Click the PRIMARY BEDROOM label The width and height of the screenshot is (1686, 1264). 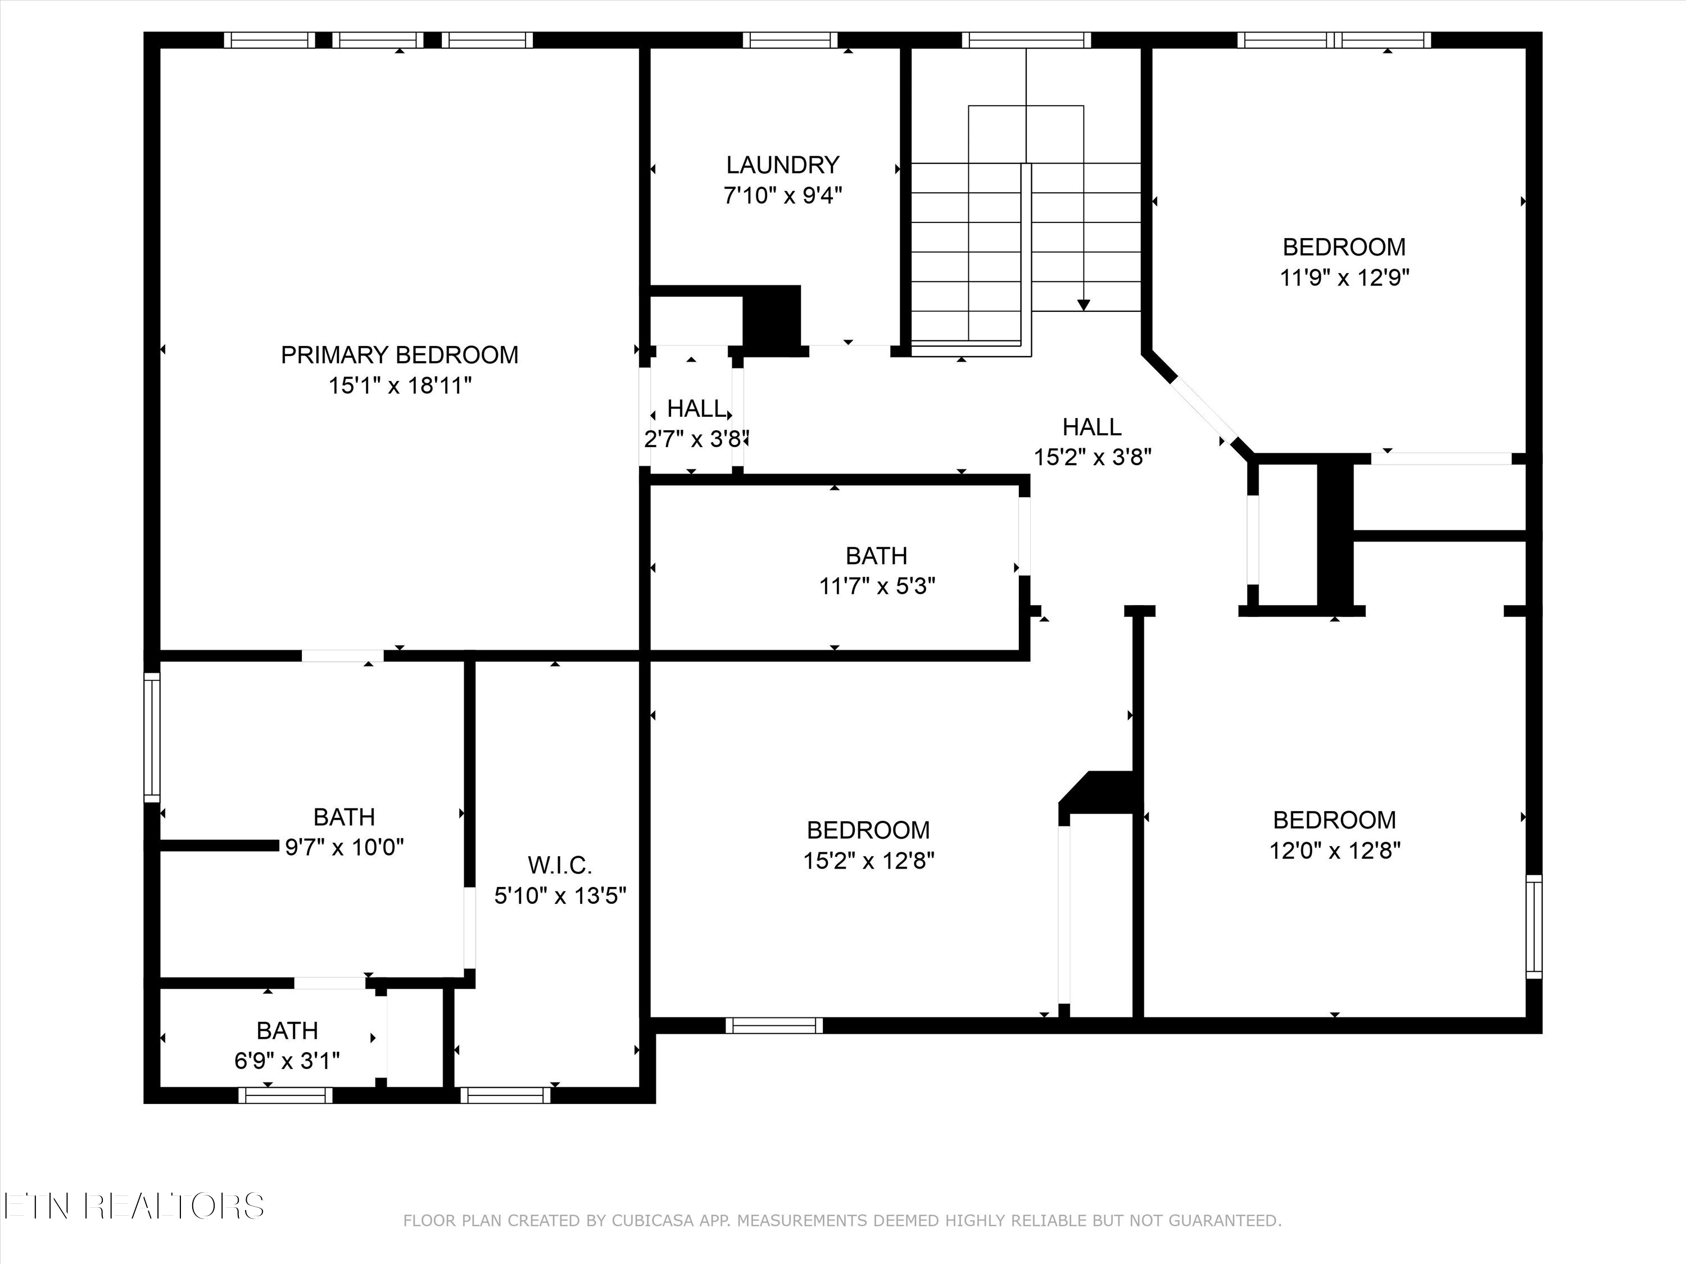point(400,355)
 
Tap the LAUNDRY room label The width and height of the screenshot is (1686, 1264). point(782,165)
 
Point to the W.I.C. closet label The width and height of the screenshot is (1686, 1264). point(559,866)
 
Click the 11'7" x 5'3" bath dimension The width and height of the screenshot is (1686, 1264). point(877,586)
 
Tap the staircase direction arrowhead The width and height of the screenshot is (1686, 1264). point(1083,304)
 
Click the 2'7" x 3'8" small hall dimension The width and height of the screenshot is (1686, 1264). point(695,440)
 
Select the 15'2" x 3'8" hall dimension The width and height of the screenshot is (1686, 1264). point(1091,457)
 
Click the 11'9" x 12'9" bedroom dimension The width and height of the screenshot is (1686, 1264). point(1344,278)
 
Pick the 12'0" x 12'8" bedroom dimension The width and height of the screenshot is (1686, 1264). point(1334,851)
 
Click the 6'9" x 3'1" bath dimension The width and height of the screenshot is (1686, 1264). point(287,1061)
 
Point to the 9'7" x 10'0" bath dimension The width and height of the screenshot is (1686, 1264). point(344,847)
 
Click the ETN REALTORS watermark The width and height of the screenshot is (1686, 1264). point(133,1206)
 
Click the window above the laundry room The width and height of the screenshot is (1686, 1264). point(790,40)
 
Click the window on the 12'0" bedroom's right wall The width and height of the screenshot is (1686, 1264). point(1534,926)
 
